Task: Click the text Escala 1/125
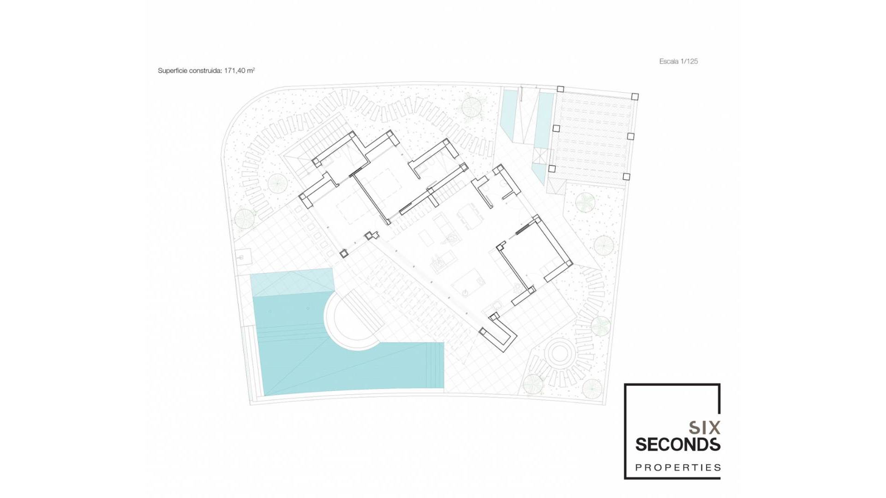pyautogui.click(x=678, y=61)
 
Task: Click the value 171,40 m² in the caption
pyautogui.click(x=239, y=71)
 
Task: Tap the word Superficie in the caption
pyautogui.click(x=173, y=71)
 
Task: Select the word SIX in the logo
pyautogui.click(x=705, y=428)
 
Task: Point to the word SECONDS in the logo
pyautogui.click(x=677, y=445)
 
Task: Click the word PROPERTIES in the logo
pyautogui.click(x=677, y=468)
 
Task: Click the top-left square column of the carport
pyautogui.click(x=560, y=89)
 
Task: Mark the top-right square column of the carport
pyautogui.click(x=635, y=96)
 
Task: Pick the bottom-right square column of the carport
pyautogui.click(x=626, y=177)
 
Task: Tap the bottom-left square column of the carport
pyautogui.click(x=552, y=169)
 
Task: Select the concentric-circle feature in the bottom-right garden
pyautogui.click(x=559, y=354)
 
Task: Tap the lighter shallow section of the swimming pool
pyautogui.click(x=292, y=282)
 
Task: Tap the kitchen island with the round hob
pyautogui.click(x=468, y=284)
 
